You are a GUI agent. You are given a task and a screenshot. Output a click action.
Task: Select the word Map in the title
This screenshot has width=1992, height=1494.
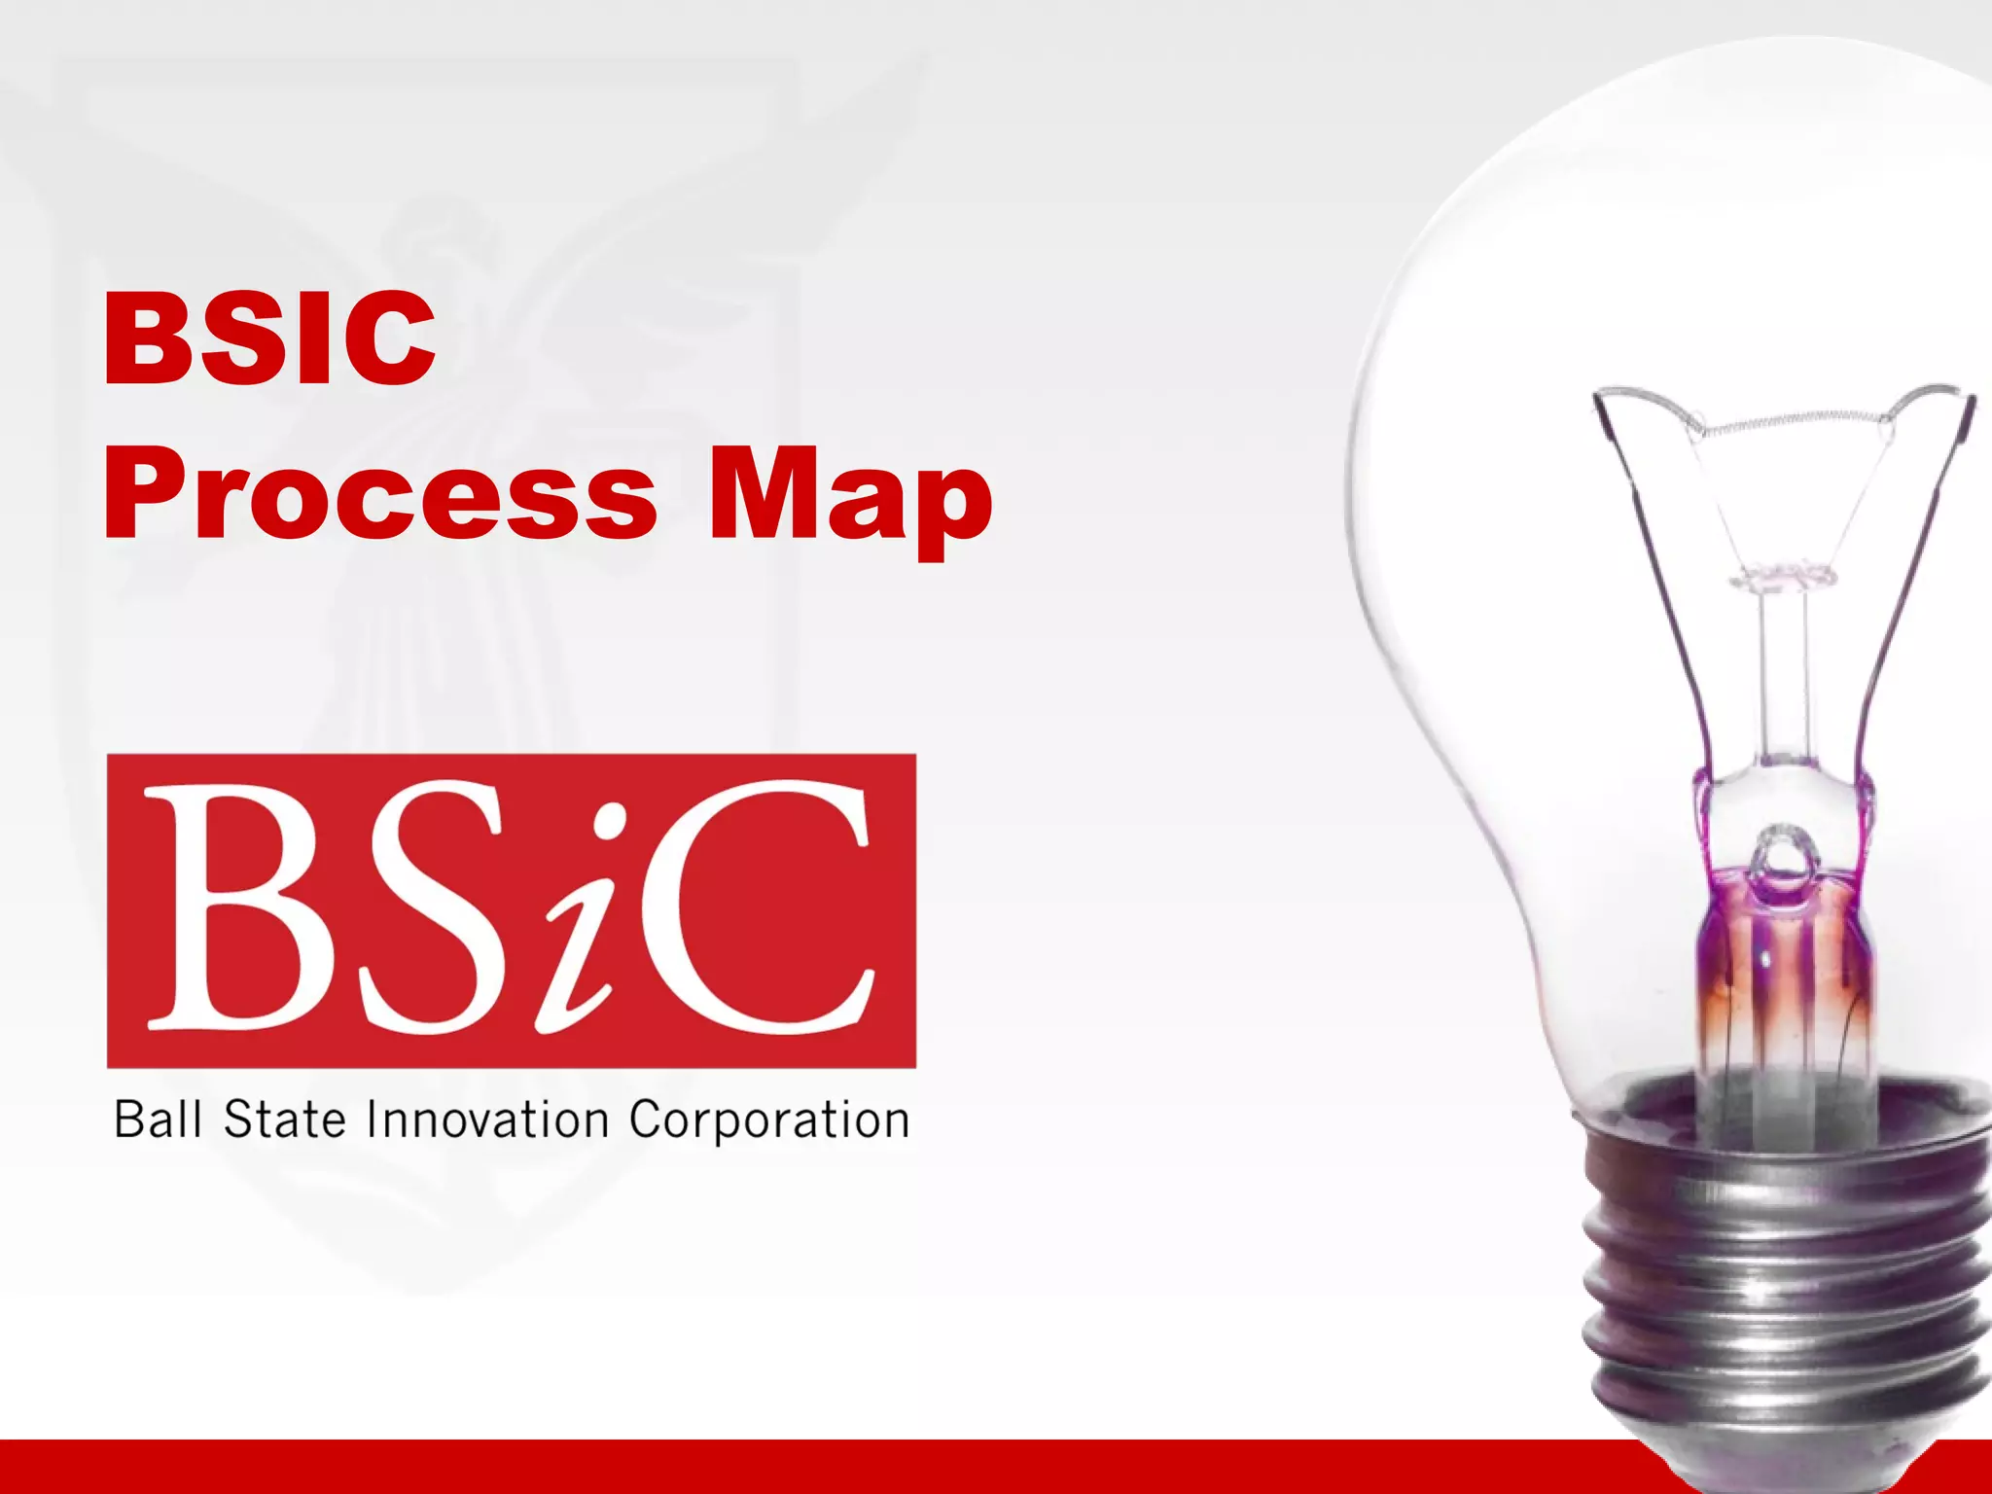(x=849, y=498)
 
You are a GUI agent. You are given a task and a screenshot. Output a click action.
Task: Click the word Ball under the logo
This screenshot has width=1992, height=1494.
(x=158, y=1119)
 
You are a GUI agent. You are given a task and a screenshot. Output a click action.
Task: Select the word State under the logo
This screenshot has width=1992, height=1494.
(x=284, y=1119)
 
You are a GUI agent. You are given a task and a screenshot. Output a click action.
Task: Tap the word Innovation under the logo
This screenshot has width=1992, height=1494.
(x=487, y=1119)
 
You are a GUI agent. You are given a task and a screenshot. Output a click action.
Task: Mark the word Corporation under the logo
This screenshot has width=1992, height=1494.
(x=768, y=1119)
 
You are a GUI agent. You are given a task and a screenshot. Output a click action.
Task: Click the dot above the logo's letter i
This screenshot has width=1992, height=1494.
(x=611, y=823)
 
